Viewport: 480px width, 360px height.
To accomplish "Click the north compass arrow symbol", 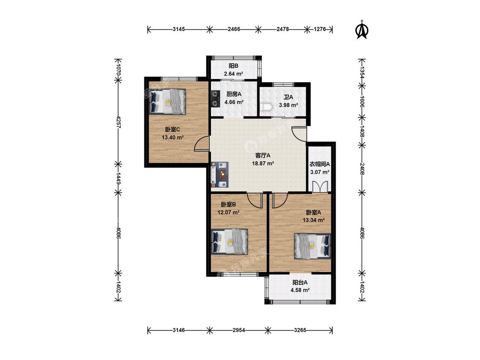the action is click(x=362, y=30).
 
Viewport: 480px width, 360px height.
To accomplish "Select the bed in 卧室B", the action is click(x=230, y=241).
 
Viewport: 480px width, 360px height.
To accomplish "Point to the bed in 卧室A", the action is click(x=313, y=246).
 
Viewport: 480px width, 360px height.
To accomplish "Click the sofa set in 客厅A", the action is click(x=219, y=174).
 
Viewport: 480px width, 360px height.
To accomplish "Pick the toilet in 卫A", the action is click(x=266, y=107).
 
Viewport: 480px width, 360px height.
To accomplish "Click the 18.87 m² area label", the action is click(x=263, y=163).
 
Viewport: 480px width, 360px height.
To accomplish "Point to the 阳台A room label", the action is click(x=300, y=282).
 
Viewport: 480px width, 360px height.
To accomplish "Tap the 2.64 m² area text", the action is click(x=233, y=74).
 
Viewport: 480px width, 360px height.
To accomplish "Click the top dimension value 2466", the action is click(x=234, y=29).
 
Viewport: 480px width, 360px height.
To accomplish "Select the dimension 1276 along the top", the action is click(x=320, y=29).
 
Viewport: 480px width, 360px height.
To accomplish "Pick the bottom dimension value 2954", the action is click(x=239, y=330).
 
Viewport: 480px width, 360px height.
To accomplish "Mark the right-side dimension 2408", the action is click(x=362, y=168).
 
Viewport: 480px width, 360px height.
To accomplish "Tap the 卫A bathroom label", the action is click(x=288, y=97).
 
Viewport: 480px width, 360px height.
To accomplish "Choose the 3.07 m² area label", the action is click(x=320, y=172).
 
